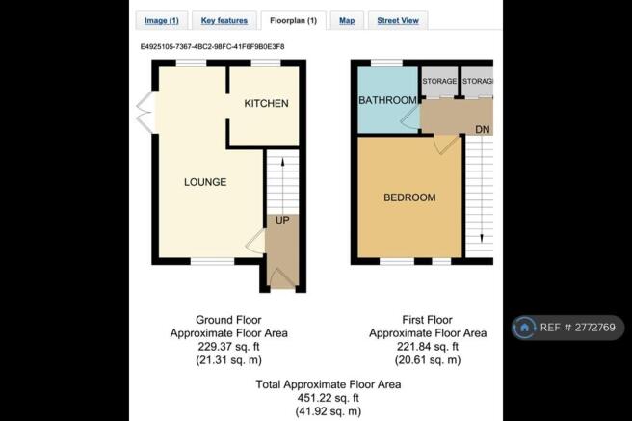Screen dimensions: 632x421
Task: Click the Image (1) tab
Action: point(162,20)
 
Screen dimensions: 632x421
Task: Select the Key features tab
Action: point(224,20)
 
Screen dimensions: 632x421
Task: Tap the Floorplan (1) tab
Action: point(294,20)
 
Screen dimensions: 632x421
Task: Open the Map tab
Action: point(347,20)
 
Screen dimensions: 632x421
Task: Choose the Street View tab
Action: point(398,20)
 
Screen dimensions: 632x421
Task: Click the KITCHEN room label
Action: point(267,103)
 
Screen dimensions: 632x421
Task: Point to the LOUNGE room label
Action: point(205,182)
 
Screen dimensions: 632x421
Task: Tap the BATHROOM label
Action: point(387,100)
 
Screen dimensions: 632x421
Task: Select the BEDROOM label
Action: point(409,197)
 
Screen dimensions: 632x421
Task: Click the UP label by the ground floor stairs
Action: point(282,220)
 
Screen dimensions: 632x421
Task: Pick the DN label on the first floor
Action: point(483,130)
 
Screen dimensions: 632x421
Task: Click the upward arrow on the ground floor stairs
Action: point(282,186)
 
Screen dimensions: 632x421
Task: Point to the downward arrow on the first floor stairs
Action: point(482,190)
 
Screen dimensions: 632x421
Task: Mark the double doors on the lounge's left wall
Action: point(145,112)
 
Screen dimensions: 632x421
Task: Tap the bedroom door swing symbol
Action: point(446,145)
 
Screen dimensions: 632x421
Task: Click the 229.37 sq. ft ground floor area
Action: point(228,347)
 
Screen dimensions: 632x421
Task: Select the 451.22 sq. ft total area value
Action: point(329,398)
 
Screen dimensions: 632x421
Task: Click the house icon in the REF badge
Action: point(524,328)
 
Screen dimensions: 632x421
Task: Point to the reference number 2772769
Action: point(595,328)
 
